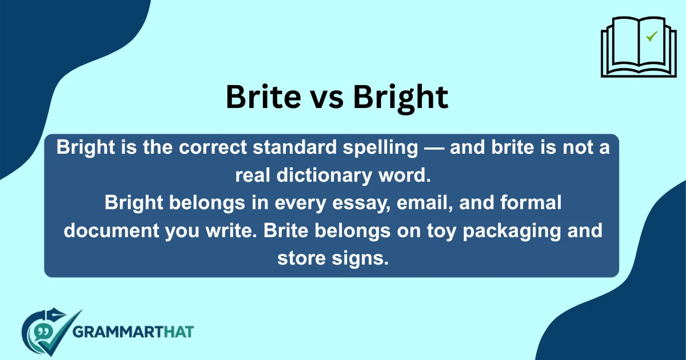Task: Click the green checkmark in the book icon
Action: click(x=651, y=37)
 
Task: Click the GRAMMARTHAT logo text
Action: click(x=134, y=331)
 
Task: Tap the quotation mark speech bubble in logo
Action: click(x=41, y=331)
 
